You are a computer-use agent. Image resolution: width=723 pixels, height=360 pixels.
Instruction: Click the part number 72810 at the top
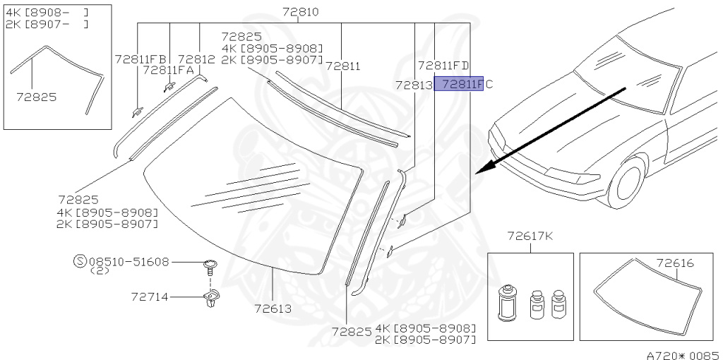(301, 12)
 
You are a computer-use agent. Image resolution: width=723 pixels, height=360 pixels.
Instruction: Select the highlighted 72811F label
(459, 84)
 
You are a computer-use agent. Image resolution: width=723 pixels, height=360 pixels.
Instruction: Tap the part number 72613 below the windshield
(273, 308)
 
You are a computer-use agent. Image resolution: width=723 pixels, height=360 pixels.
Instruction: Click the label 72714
(150, 297)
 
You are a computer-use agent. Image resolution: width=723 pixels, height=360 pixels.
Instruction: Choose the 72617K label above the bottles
(530, 236)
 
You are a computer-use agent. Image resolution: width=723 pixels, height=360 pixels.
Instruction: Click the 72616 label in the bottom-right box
(675, 263)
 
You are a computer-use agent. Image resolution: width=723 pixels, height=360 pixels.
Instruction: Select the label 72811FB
(141, 59)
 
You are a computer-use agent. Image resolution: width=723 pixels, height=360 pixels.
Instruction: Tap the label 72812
(196, 59)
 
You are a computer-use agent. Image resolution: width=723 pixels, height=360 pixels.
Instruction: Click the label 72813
(414, 85)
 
